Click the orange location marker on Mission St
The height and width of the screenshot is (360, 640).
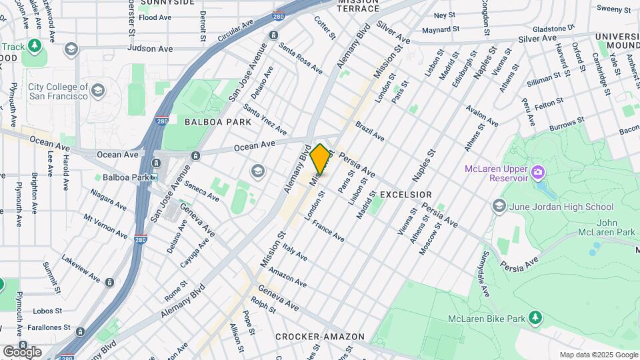point(320,159)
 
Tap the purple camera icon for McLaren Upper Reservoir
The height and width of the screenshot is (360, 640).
point(538,173)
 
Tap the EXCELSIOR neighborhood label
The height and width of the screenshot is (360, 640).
point(405,195)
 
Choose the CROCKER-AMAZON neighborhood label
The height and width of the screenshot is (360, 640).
point(320,337)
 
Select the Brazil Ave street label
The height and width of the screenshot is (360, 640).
point(370,131)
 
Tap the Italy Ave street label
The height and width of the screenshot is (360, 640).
point(294,252)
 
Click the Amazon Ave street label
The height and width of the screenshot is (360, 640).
point(288,274)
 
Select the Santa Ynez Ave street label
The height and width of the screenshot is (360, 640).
point(265,119)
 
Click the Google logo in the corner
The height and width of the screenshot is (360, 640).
point(22,351)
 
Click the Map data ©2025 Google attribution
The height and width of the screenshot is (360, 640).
point(598,355)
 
